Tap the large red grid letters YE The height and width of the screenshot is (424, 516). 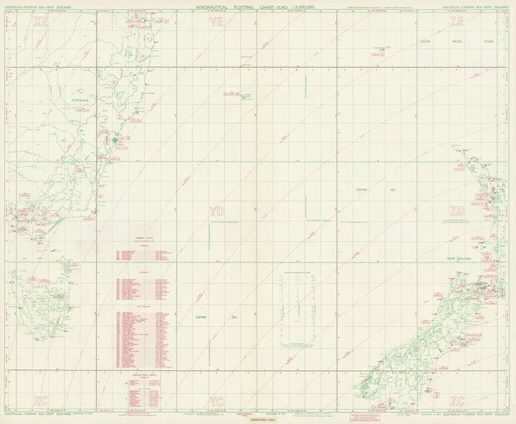click(216, 22)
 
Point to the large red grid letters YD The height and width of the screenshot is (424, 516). click(216, 212)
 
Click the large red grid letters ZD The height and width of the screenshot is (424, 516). click(458, 212)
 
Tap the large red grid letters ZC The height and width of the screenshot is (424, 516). click(457, 400)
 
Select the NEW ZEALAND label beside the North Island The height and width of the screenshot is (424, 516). click(463, 260)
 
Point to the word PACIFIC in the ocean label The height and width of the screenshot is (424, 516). click(459, 41)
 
